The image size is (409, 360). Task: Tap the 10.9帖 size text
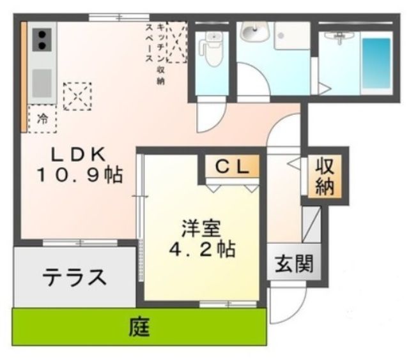tap(79, 175)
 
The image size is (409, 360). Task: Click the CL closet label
tap(231, 168)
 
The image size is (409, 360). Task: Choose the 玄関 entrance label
tap(293, 263)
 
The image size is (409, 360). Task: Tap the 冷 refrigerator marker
tap(42, 118)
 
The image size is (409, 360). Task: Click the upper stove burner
tap(42, 35)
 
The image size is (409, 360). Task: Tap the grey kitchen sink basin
tap(42, 82)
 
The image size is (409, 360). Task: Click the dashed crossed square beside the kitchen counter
tap(77, 96)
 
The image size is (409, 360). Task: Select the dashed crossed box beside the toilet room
tap(176, 42)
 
